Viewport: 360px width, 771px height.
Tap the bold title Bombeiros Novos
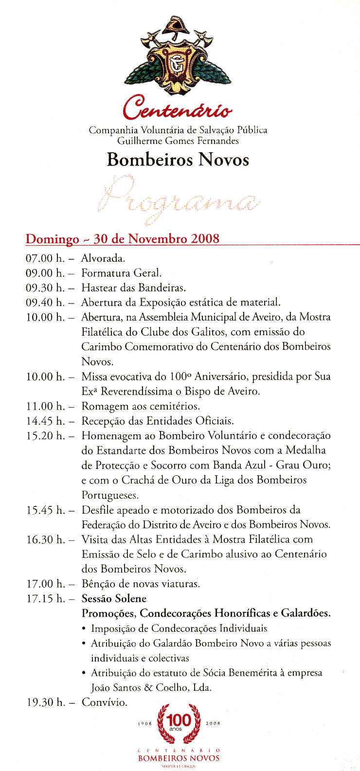click(x=178, y=160)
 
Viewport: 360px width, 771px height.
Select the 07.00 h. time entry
click(x=45, y=258)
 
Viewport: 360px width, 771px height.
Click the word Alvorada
click(x=103, y=258)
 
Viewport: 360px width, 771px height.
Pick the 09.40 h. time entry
click(x=45, y=303)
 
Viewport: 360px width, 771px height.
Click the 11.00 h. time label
click(x=45, y=406)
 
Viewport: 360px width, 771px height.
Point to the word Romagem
click(x=104, y=407)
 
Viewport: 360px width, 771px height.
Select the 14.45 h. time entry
click(x=45, y=421)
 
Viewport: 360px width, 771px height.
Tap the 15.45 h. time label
click(x=45, y=510)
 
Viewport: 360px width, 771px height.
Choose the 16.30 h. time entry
click(x=45, y=539)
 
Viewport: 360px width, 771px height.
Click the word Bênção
click(x=97, y=584)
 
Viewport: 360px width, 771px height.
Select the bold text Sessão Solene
click(x=114, y=598)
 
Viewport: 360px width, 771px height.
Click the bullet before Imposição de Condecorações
click(x=85, y=628)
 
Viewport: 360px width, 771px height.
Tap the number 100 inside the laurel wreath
click(x=180, y=720)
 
